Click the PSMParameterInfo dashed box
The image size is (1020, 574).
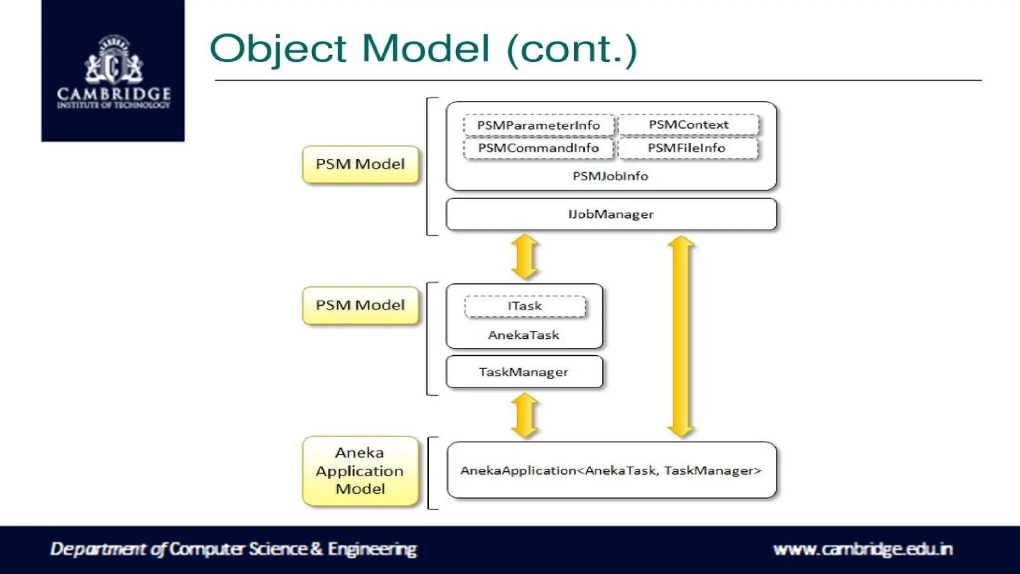tap(538, 125)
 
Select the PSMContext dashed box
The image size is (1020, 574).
tap(688, 125)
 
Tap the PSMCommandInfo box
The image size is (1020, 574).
tap(538, 148)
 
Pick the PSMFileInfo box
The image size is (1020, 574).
tap(687, 148)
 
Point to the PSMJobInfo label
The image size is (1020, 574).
tap(610, 176)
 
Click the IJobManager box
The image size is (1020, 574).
tap(611, 214)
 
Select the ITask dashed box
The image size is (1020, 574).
tap(525, 306)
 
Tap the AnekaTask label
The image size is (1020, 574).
tap(523, 335)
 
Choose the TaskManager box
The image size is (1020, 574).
tap(524, 372)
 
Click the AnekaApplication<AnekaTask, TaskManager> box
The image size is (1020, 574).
tap(611, 470)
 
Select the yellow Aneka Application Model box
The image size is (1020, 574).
tap(360, 471)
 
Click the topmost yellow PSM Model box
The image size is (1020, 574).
tap(360, 164)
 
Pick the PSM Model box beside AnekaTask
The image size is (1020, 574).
tap(360, 305)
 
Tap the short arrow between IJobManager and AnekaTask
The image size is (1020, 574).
tap(525, 257)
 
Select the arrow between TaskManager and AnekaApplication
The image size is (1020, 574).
tap(525, 415)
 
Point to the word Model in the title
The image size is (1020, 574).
tap(426, 49)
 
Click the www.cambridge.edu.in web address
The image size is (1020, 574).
tap(863, 549)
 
